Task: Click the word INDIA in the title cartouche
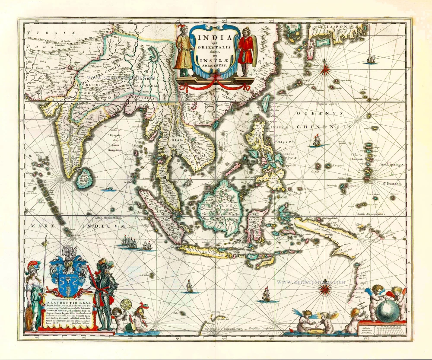pos(207,35)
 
